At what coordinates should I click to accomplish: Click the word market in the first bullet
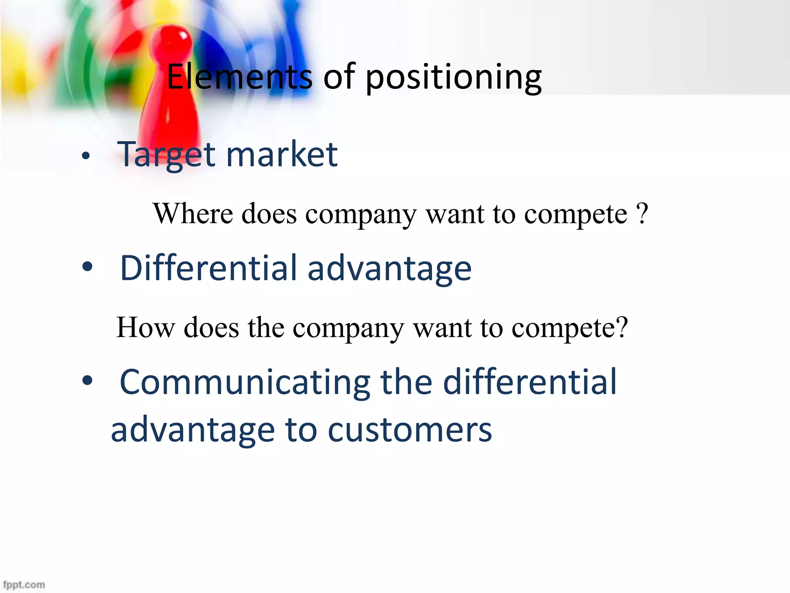tap(282, 154)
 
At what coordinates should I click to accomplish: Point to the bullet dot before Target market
tap(86, 156)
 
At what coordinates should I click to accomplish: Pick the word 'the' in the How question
tap(266, 327)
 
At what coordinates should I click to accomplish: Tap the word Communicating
tap(245, 382)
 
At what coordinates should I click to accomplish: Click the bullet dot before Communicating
tap(88, 381)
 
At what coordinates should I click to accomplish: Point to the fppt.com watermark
tap(24, 585)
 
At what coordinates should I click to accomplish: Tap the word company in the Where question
tap(361, 215)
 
